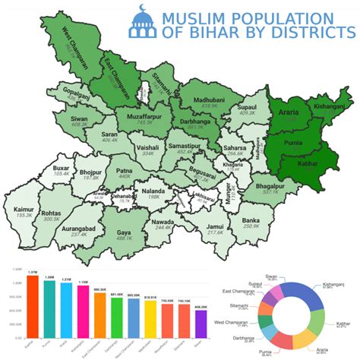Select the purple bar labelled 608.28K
coord(201,323)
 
